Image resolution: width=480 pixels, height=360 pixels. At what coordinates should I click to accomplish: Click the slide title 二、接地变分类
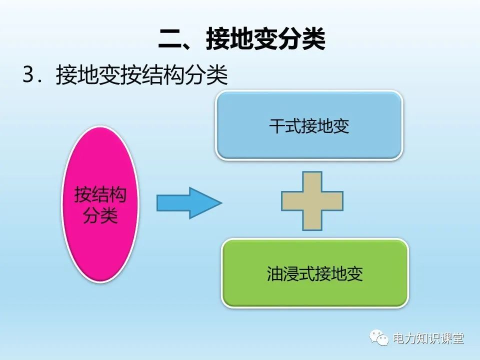coord(242,38)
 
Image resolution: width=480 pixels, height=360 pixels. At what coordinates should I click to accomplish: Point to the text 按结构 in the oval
coord(100,195)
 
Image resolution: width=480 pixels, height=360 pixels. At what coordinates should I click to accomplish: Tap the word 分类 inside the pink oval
coord(100,216)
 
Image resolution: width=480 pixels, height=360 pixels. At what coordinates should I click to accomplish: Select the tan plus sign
coord(312,201)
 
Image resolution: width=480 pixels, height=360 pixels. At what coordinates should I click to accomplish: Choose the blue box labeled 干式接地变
coord(309,125)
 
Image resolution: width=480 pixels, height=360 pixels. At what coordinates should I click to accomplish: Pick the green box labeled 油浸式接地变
coord(315,273)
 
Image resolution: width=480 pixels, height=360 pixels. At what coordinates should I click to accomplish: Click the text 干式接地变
coord(309,126)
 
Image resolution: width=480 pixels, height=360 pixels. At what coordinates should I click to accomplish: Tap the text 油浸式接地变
coord(315,274)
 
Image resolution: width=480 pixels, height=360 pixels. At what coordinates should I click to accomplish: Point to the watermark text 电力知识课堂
coord(428,338)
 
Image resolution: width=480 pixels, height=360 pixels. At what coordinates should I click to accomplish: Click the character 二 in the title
coord(170,39)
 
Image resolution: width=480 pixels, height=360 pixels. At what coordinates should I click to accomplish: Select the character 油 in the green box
coord(275,274)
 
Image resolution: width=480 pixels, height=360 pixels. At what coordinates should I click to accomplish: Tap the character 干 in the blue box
coord(277,126)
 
